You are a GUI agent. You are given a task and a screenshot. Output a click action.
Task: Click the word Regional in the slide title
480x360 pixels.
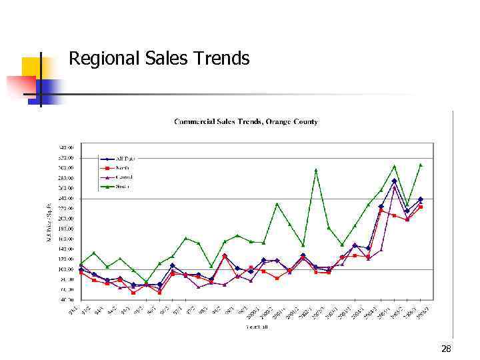101,59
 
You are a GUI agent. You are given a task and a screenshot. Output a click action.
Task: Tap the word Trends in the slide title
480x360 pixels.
219,59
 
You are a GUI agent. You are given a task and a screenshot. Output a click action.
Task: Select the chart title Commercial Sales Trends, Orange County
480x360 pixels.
245,121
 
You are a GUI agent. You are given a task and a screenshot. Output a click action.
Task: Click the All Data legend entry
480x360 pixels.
125,159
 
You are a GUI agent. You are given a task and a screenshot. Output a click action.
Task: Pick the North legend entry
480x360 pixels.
123,168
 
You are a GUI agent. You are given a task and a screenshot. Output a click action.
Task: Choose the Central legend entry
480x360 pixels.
125,177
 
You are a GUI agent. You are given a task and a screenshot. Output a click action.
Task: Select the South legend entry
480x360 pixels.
123,186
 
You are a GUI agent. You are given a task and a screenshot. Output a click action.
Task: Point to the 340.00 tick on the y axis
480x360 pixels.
66,147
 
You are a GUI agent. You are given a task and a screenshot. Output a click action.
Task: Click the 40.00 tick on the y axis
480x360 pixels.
66,299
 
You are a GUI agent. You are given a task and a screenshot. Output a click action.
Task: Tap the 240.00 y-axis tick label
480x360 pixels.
66,198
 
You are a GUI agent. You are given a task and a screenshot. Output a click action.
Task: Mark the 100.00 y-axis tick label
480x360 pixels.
66,269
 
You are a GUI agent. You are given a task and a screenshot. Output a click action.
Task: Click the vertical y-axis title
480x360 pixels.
49,223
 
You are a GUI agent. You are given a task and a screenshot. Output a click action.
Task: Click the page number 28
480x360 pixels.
446,349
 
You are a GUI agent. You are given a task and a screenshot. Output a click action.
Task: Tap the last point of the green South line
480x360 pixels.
421,165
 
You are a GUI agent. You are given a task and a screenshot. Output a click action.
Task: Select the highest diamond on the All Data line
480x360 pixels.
394,181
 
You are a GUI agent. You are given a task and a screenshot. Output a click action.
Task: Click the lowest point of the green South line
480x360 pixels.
146,281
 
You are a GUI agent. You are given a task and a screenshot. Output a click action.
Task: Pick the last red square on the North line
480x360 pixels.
421,207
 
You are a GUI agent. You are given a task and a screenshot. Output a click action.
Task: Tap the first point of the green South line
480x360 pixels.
81,265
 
